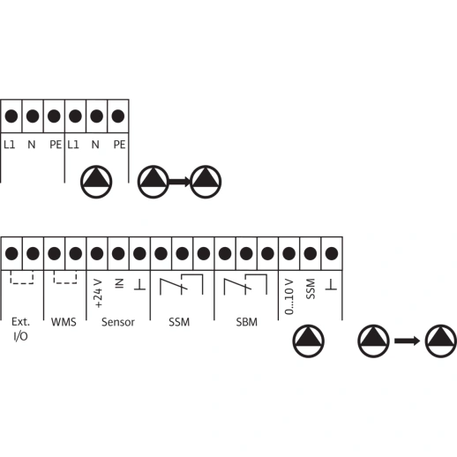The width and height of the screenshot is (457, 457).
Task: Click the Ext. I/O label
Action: click(20, 329)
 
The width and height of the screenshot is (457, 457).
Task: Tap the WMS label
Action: click(64, 322)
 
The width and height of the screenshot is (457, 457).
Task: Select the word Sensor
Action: click(118, 322)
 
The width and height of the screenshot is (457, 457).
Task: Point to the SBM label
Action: click(246, 322)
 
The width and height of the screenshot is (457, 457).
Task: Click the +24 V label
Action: click(99, 294)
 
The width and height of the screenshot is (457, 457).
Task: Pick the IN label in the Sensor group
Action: click(119, 284)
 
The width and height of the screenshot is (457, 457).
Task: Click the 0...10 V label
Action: click(289, 296)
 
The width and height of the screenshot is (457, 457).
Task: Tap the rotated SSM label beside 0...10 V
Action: click(311, 288)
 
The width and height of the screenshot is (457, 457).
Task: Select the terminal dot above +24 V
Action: click(97, 253)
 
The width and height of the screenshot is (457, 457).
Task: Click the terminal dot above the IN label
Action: click(118, 253)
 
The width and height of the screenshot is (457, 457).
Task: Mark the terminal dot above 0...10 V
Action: click(288, 253)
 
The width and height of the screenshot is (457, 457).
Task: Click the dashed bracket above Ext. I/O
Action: click(22, 283)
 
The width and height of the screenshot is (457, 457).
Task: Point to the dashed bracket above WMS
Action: click(65, 283)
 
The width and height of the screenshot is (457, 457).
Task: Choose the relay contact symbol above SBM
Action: click(245, 285)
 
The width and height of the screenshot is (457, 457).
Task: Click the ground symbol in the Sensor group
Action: click(139, 285)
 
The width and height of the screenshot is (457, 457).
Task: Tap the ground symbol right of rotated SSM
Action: click(331, 285)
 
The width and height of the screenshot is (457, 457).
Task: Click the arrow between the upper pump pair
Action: click(180, 182)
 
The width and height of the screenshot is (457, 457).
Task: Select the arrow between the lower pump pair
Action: click(407, 341)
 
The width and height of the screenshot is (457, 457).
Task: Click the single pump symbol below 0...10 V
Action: click(308, 341)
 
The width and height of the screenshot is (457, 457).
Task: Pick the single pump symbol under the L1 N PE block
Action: click(96, 182)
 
